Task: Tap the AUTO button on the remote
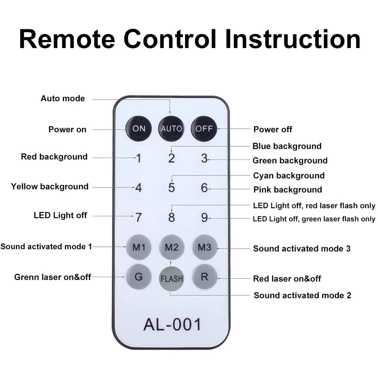click(x=171, y=128)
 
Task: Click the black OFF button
click(x=204, y=128)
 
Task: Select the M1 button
click(x=139, y=248)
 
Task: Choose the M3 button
click(x=204, y=248)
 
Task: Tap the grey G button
click(x=139, y=277)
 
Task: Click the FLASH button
click(x=172, y=279)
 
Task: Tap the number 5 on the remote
click(x=172, y=187)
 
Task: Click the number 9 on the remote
click(x=204, y=218)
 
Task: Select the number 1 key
click(x=139, y=158)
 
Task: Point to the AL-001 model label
click(x=172, y=324)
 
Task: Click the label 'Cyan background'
click(x=289, y=175)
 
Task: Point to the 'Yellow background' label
click(x=50, y=186)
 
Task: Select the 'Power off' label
click(x=273, y=129)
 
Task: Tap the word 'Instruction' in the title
click(x=293, y=39)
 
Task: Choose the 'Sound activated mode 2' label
click(x=302, y=295)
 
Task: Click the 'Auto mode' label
click(x=63, y=99)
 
